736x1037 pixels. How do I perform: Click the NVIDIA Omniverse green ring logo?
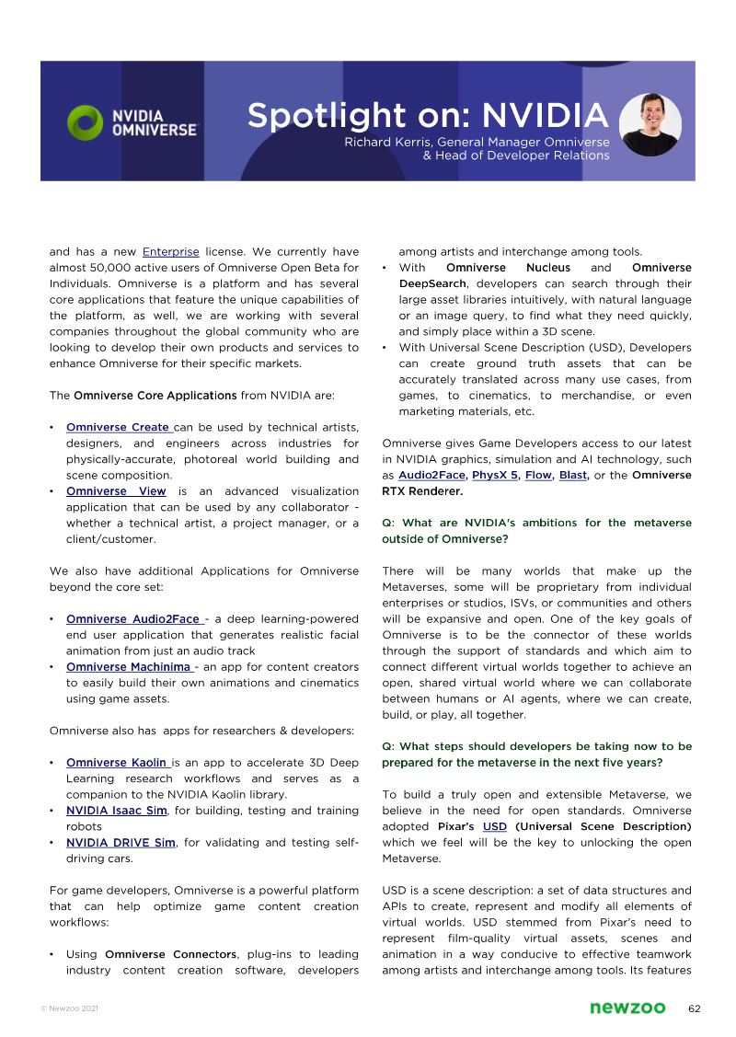[x=86, y=123]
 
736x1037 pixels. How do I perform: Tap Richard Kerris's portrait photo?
[x=650, y=123]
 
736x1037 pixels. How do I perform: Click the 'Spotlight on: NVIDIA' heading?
[x=428, y=116]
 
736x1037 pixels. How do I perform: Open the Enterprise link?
[x=170, y=251]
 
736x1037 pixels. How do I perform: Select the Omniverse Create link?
[x=119, y=427]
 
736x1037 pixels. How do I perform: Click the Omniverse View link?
[x=116, y=491]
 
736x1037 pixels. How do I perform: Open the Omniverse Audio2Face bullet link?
[x=134, y=618]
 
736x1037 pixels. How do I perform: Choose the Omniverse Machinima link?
[x=129, y=666]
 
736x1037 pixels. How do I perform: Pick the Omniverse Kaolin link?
[x=118, y=762]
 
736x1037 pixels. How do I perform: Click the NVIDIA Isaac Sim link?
[x=116, y=811]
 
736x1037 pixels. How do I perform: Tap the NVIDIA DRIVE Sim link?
[x=121, y=842]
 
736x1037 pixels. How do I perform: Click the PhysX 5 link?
[x=495, y=476]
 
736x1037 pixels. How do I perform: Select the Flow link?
[x=538, y=476]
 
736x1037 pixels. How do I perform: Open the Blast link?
[x=572, y=476]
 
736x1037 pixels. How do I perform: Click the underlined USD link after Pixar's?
[x=495, y=826]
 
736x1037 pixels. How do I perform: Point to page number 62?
[x=695, y=1008]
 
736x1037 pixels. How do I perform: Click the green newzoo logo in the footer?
[x=627, y=1008]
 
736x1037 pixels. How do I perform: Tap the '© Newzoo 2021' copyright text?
[x=69, y=1009]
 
